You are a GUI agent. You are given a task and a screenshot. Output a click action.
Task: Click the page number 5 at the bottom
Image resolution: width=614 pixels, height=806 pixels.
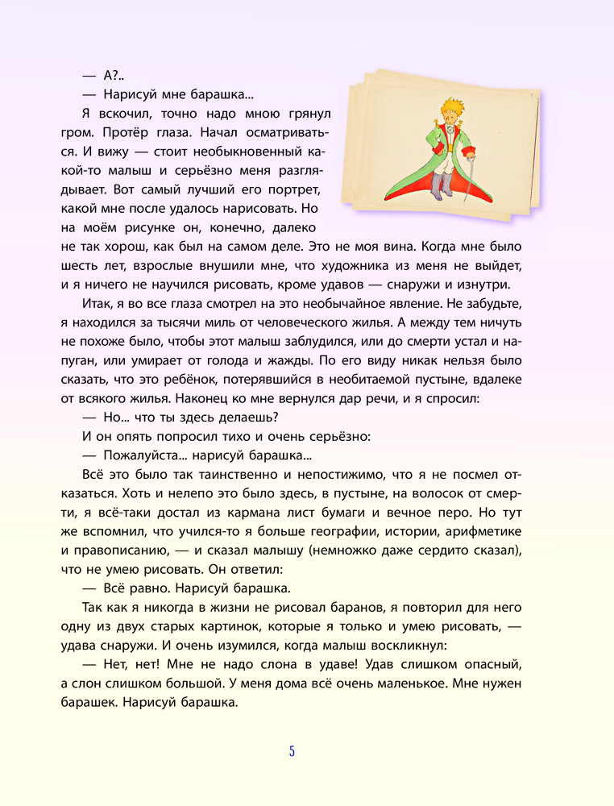(x=292, y=751)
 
